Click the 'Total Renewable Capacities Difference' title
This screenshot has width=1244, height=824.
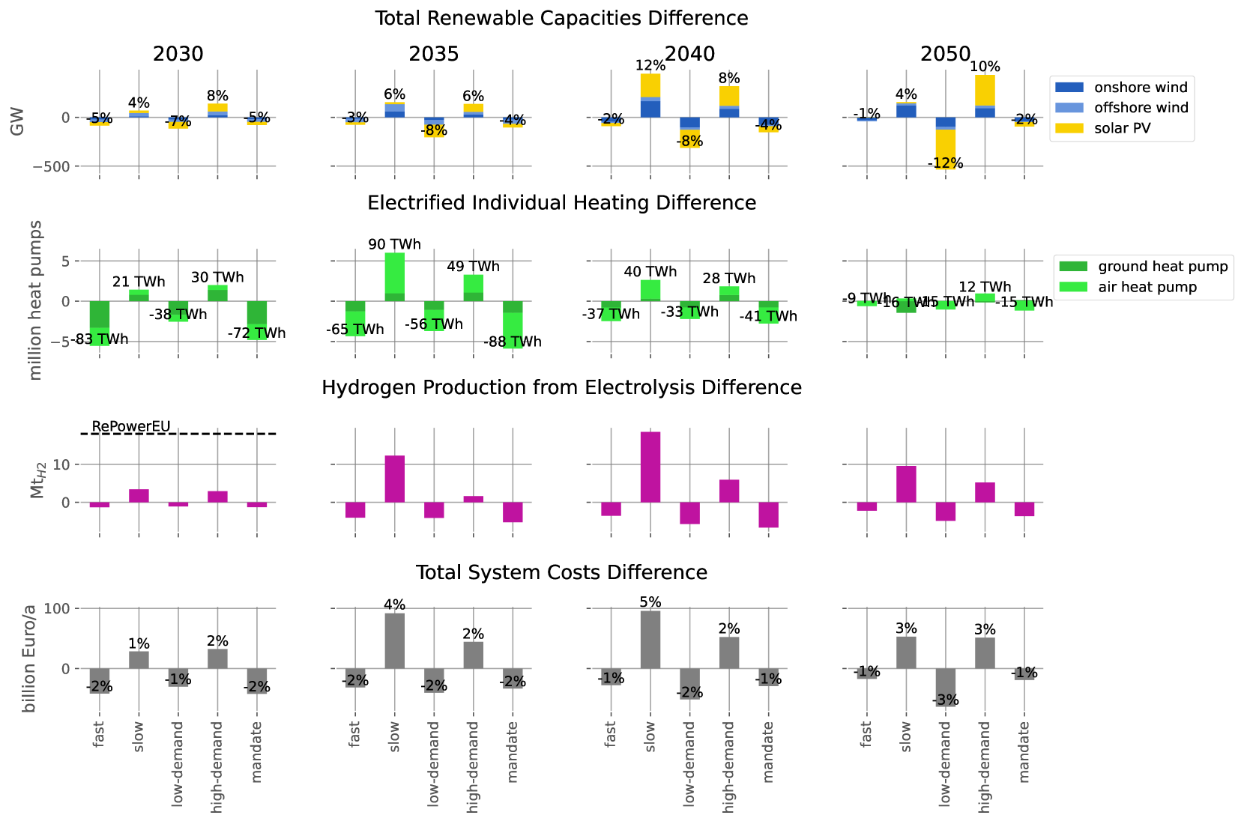pyautogui.click(x=561, y=18)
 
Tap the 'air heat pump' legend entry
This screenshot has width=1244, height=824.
pyautogui.click(x=1147, y=287)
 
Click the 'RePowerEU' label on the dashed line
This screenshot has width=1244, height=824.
pyautogui.click(x=131, y=426)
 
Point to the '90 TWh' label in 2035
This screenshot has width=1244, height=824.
pyautogui.click(x=394, y=245)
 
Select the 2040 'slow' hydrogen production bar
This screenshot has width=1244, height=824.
pyautogui.click(x=650, y=467)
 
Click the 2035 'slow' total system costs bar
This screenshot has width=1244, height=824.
pyautogui.click(x=395, y=640)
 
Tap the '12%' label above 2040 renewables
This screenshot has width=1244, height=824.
pyautogui.click(x=650, y=65)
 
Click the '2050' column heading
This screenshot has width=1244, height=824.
pyautogui.click(x=946, y=54)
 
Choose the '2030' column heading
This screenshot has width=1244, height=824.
pyautogui.click(x=178, y=54)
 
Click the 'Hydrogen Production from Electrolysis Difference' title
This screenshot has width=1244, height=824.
pyautogui.click(x=561, y=387)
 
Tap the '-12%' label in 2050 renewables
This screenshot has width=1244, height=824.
pyautogui.click(x=945, y=163)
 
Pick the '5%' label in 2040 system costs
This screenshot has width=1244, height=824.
pyautogui.click(x=650, y=602)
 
